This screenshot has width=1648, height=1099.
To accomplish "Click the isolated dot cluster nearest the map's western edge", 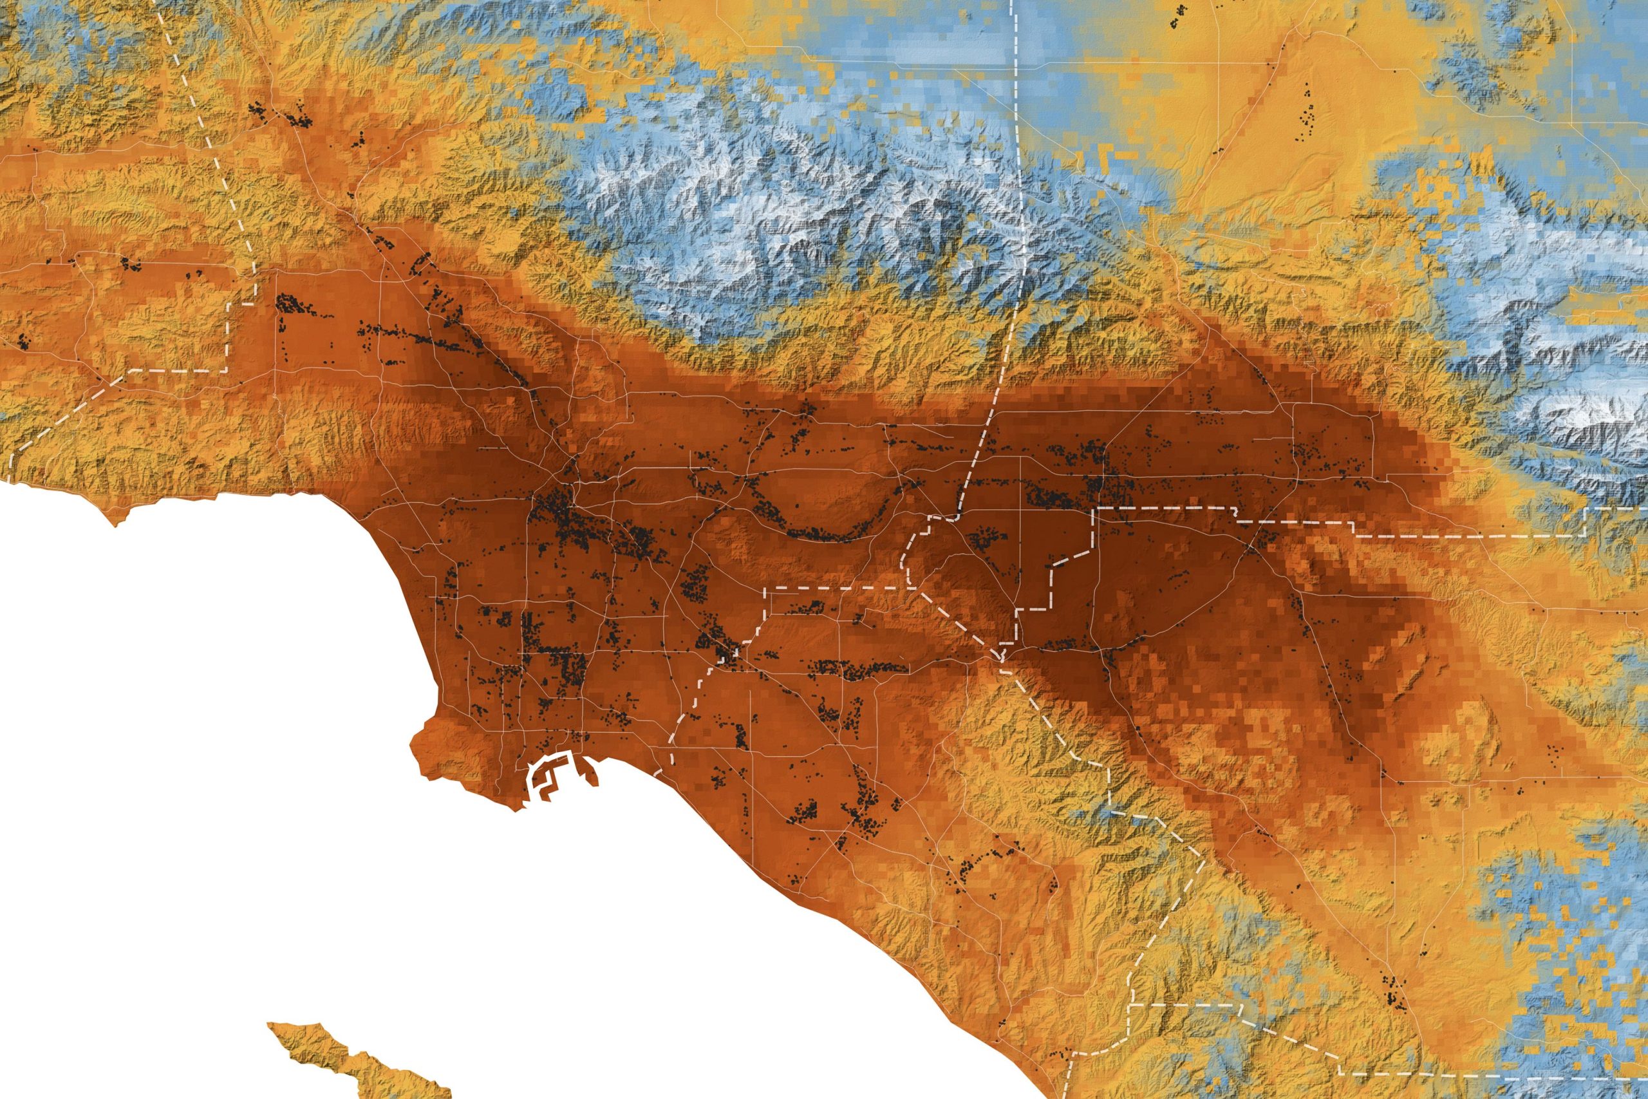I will point(24,341).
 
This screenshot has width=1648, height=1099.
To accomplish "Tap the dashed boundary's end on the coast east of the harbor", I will point(659,771).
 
